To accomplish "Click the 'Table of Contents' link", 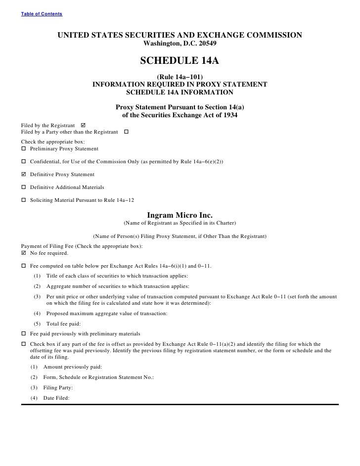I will pos(42,13).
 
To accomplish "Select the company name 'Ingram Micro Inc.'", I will pos(180,215).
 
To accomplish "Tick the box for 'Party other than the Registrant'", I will pos(126,132).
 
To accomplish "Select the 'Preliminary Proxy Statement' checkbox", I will pos(24,149).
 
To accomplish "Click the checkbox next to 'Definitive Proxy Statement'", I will pos(24,175).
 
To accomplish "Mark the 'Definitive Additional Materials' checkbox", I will pos(24,187).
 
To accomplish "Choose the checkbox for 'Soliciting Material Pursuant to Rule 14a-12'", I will pos(24,200).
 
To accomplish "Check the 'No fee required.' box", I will pos(24,253).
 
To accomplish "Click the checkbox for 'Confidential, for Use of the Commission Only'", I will pos(24,162).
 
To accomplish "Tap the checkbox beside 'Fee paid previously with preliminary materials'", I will pos(24,333).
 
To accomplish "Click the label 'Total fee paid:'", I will pos(67,324).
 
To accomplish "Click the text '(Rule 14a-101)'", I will pos(180,77).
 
